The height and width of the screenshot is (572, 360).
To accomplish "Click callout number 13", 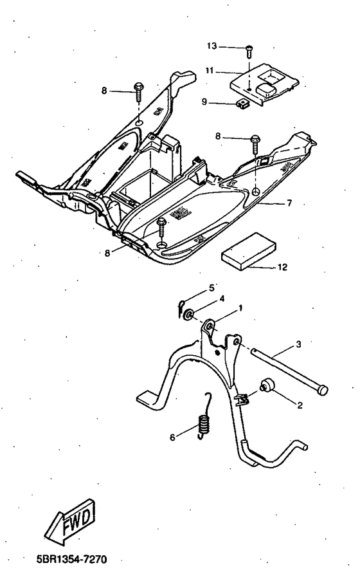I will pos(212,46).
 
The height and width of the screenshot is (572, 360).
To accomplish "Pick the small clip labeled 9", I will pos(243,102).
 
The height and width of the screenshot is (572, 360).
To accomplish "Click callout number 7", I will pos(289,203).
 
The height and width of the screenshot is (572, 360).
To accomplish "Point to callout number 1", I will pos(240,308).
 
